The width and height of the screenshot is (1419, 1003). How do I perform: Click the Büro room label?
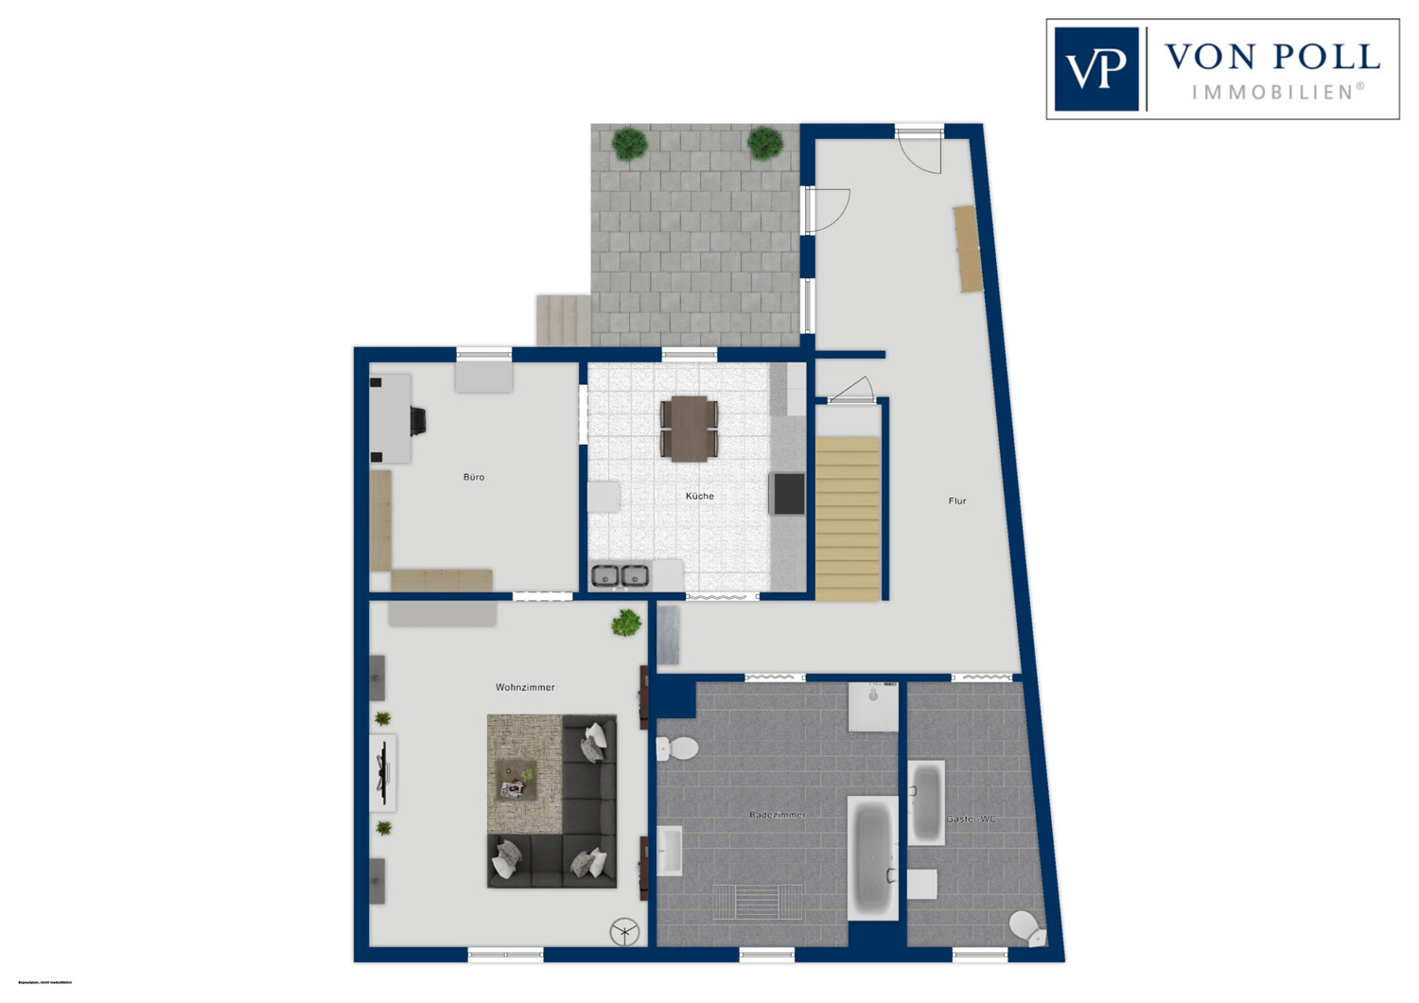coord(474,477)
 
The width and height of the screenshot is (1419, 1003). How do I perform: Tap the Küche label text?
coord(700,496)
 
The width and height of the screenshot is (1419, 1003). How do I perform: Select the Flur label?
coord(957,501)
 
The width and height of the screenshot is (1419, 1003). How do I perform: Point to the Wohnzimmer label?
coord(525,687)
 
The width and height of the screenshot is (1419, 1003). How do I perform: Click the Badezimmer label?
coord(778,815)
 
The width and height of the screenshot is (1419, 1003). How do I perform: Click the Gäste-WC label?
coord(972,818)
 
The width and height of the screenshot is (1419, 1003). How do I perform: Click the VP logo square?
coord(1095,69)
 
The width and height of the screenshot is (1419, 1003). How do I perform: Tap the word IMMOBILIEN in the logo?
coord(1277,92)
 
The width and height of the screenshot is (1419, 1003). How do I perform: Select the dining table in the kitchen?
coord(690,429)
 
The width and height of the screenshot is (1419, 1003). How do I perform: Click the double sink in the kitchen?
coord(620,575)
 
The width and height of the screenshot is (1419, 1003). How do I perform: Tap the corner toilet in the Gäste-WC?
coord(1027,928)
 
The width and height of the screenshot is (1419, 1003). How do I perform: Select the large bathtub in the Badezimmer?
coord(872,856)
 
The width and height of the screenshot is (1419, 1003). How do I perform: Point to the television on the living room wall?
coord(383,771)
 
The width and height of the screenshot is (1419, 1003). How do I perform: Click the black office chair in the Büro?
coord(417,421)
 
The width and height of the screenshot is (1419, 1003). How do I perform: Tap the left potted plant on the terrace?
coord(629,144)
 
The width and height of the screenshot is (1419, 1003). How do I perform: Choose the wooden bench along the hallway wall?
coord(968,249)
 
